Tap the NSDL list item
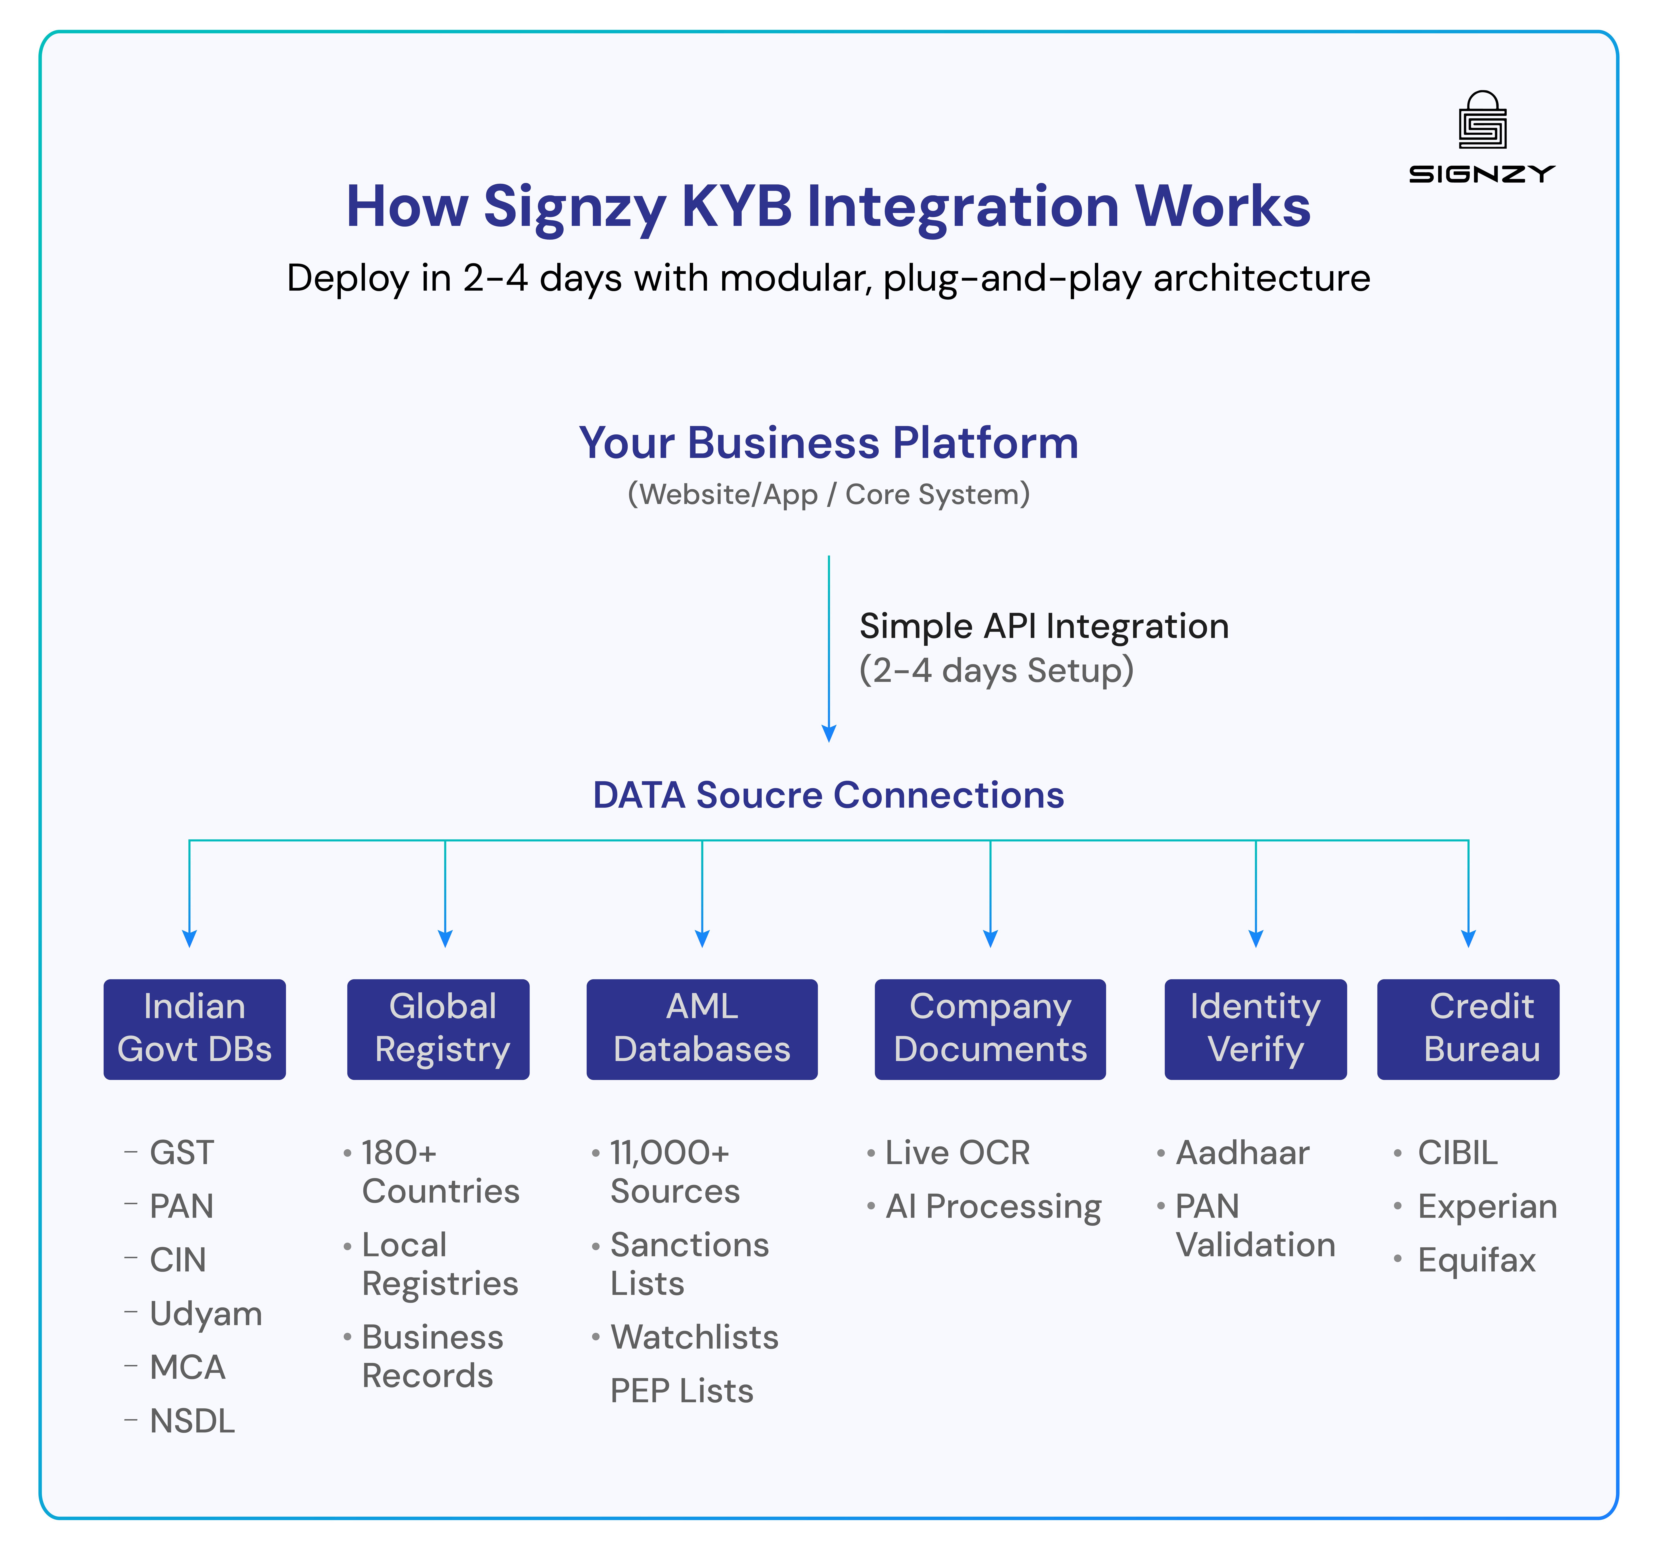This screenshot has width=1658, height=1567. tap(192, 1422)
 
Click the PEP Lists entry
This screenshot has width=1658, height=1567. tap(682, 1392)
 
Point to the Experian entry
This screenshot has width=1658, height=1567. tap(1487, 1207)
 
